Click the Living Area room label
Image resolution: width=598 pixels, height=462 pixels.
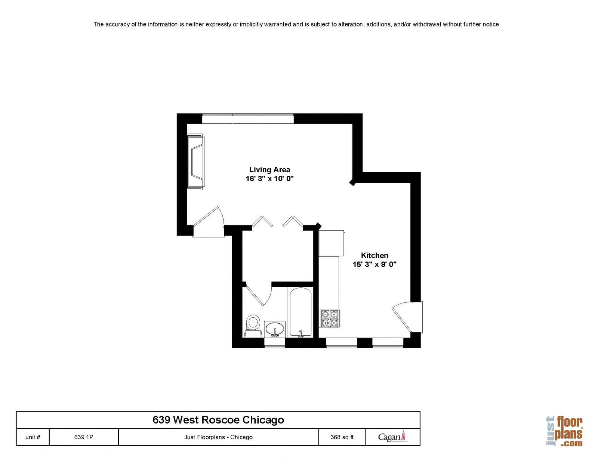[x=269, y=169]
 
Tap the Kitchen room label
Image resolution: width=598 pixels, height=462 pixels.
[x=374, y=255]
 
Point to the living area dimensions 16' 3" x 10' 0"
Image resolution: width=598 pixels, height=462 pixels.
[x=269, y=179]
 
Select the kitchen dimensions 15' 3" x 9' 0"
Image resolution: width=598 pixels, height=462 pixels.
[x=374, y=264]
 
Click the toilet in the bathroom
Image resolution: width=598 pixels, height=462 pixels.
[x=253, y=326]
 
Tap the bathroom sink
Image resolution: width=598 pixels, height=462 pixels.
[x=275, y=329]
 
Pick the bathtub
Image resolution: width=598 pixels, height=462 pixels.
[x=300, y=312]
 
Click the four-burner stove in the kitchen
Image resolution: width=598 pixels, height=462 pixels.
[x=329, y=318]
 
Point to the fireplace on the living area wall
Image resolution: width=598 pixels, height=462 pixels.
[x=196, y=162]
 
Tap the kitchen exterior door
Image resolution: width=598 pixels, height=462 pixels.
[x=407, y=317]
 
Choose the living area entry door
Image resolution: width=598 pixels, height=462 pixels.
[x=209, y=222]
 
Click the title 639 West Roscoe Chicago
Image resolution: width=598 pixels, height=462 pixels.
[x=218, y=420]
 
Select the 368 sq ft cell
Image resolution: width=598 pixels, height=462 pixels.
[x=342, y=437]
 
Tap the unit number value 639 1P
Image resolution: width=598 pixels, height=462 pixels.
[x=84, y=437]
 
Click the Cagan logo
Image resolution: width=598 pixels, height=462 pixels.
[x=393, y=437]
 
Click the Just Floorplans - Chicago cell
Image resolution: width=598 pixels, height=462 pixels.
[x=218, y=437]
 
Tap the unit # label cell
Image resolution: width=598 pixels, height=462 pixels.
[x=33, y=437]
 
